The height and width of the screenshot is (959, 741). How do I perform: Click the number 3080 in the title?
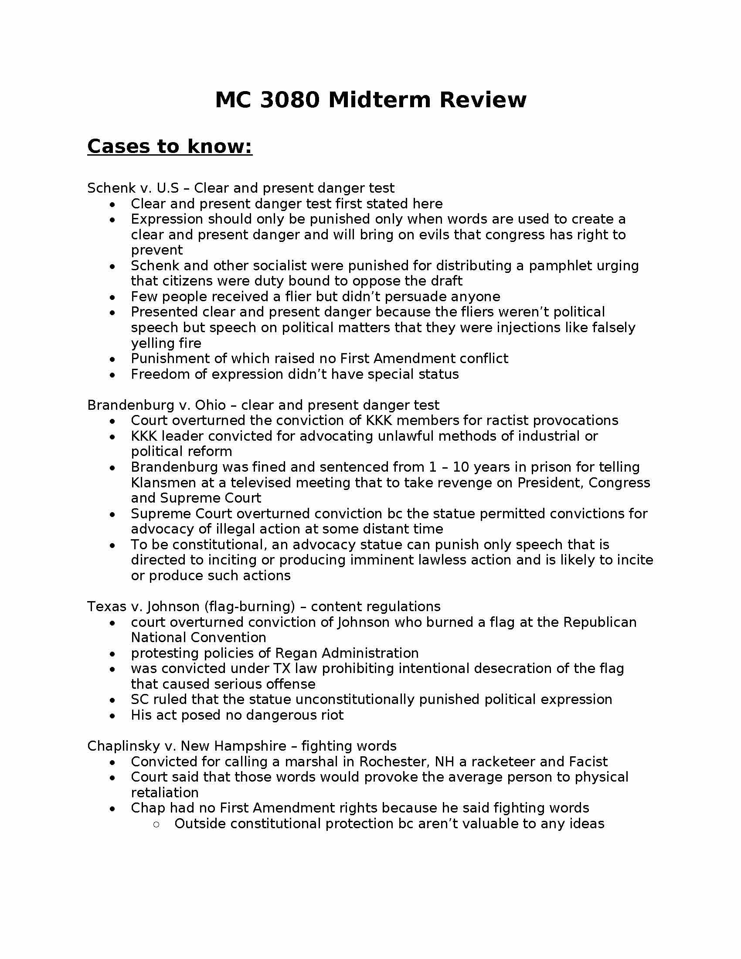[289, 100]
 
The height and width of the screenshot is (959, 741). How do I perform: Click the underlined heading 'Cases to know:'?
[170, 146]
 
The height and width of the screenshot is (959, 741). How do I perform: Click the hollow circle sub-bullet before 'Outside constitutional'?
[156, 824]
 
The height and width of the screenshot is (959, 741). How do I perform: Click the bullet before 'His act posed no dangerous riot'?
[113, 716]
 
